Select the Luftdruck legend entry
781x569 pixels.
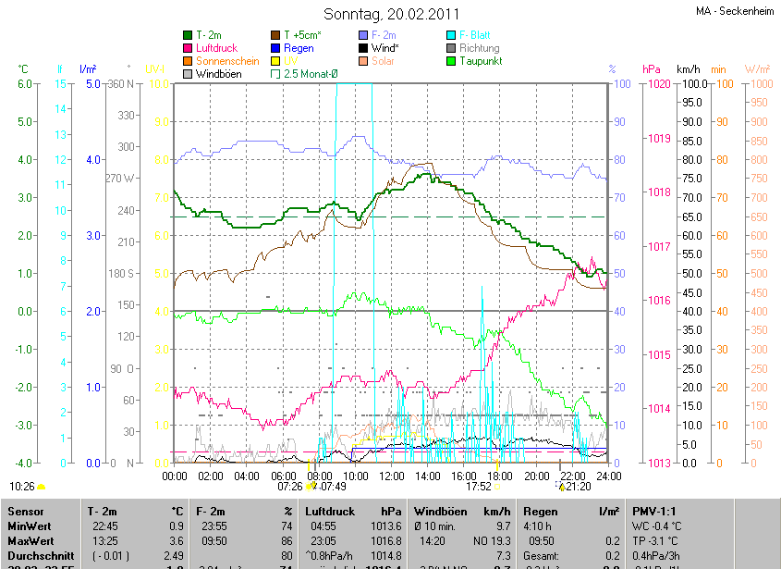tap(217, 47)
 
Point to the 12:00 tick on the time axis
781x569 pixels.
tap(391, 476)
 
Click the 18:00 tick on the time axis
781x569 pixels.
tap(500, 476)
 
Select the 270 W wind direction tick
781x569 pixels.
tap(121, 179)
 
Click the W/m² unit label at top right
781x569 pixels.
tap(757, 69)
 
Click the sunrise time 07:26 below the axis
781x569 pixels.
tap(290, 486)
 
